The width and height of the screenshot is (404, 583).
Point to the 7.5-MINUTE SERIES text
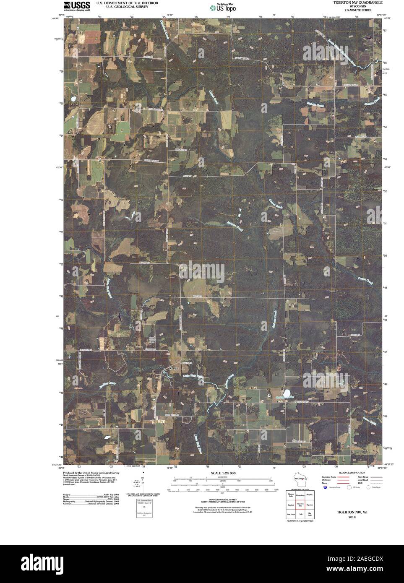point(357,10)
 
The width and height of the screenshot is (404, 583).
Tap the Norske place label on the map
point(174,368)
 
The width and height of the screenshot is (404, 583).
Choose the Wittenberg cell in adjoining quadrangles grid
point(300,495)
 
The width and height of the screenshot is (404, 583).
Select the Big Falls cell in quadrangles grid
point(310,514)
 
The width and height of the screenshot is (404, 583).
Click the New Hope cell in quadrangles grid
point(290,514)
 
